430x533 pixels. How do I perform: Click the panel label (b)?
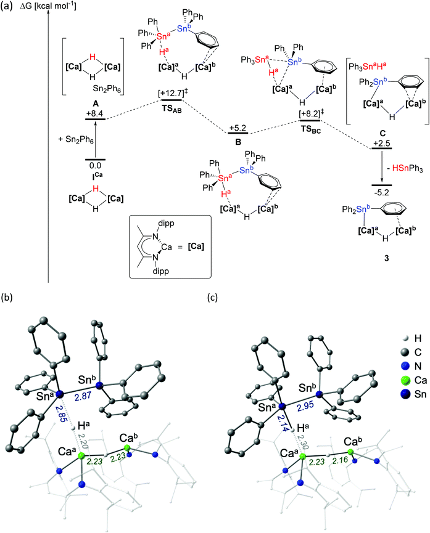pyautogui.click(x=9, y=296)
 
